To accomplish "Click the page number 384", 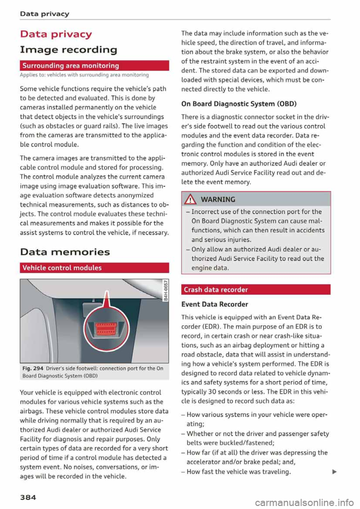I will (x=28, y=497).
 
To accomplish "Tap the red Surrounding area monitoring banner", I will (x=94, y=66).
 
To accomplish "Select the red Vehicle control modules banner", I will (x=94, y=268).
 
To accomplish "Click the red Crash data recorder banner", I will (x=255, y=289).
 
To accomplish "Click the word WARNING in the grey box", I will (x=218, y=199).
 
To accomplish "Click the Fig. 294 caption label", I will (x=33, y=368).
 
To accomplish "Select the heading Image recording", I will (x=69, y=49).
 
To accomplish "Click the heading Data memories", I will (x=65, y=252).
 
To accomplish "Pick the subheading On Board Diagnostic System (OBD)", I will (x=238, y=104).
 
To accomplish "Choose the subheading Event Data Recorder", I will (x=214, y=304).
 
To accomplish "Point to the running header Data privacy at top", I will (x=45, y=14).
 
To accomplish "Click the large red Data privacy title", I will (x=56, y=34).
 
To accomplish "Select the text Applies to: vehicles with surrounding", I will (x=84, y=75).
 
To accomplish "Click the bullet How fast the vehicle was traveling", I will (x=238, y=472).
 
